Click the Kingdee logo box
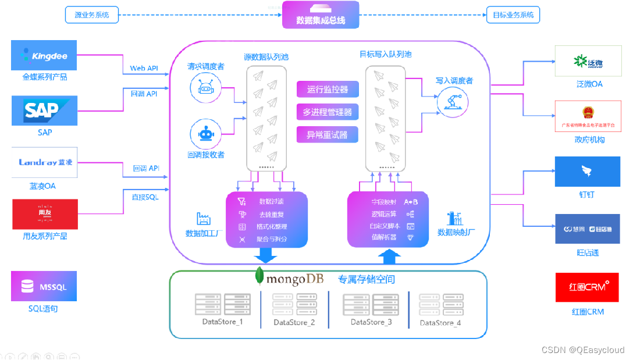pos(44,55)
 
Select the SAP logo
pos(44,111)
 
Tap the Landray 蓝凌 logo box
pos(44,162)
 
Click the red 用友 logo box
pos(44,215)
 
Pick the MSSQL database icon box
pos(44,286)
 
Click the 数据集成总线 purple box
pos(321,15)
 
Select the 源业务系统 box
pos(92,15)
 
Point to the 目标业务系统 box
pos(513,15)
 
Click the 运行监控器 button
pos(328,90)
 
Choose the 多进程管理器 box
pos(328,112)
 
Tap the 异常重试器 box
pos(328,135)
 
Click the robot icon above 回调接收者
pos(207,133)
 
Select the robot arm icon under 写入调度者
pos(454,102)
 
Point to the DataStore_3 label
pos(371,322)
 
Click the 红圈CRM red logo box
pos(587,287)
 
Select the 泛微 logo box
pos(588,60)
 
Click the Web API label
pos(144,69)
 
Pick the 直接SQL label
pos(145,197)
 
